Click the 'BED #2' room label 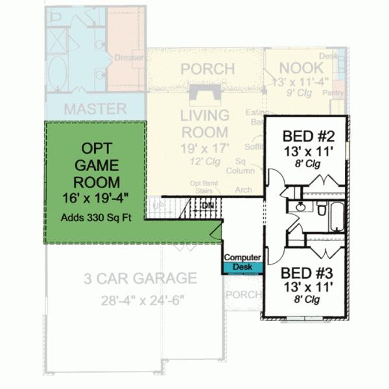[x=309, y=137]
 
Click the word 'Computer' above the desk [x=243, y=257]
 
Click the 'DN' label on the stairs [x=208, y=205]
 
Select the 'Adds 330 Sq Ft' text [x=96, y=218]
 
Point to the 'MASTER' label [x=95, y=108]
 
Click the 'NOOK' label [x=302, y=67]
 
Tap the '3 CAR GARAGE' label [x=140, y=279]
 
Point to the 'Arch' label [x=244, y=190]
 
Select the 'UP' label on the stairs [x=158, y=206]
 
